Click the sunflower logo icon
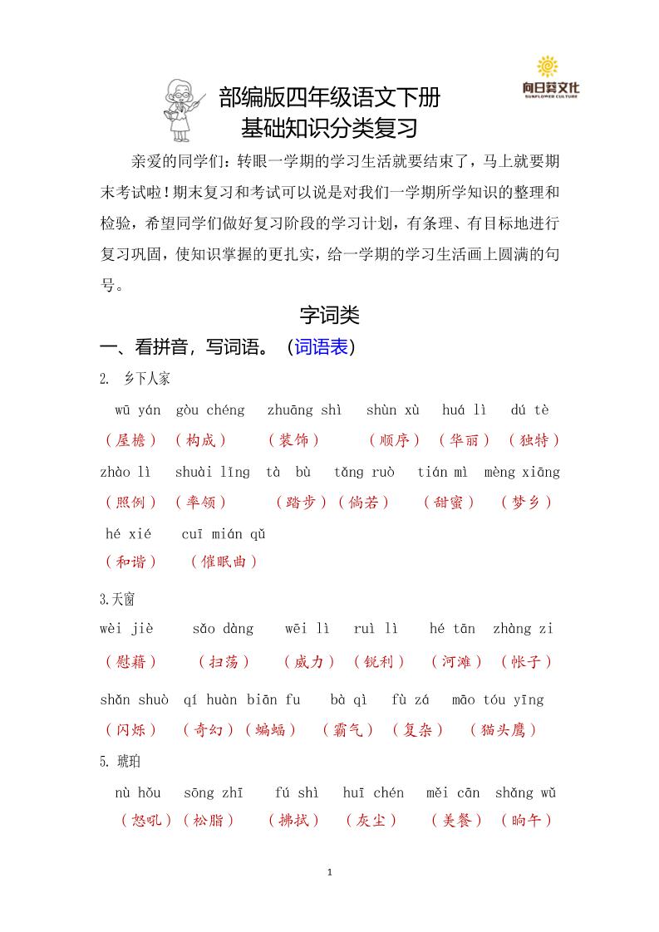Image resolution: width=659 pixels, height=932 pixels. [x=548, y=66]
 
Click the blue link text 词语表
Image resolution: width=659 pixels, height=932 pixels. [x=321, y=347]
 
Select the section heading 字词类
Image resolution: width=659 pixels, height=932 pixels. [x=329, y=316]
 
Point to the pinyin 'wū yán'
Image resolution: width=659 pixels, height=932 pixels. [x=138, y=410]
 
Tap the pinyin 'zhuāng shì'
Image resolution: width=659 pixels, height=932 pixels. [x=304, y=410]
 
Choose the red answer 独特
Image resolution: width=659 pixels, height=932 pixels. [x=534, y=440]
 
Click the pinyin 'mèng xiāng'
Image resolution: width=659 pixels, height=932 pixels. [x=522, y=472]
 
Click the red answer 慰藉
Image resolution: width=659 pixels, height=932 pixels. [x=131, y=662]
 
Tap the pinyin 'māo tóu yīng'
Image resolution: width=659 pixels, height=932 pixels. [x=498, y=699]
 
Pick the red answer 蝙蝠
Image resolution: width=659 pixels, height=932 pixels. [x=270, y=730]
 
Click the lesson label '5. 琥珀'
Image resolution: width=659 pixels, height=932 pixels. [x=115, y=761]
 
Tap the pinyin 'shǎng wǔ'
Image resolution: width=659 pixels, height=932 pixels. [x=525, y=792]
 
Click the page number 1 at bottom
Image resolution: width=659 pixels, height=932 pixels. [x=330, y=872]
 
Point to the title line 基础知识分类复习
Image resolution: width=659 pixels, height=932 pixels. [x=329, y=130]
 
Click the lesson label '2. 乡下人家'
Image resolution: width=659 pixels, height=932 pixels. [x=135, y=379]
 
